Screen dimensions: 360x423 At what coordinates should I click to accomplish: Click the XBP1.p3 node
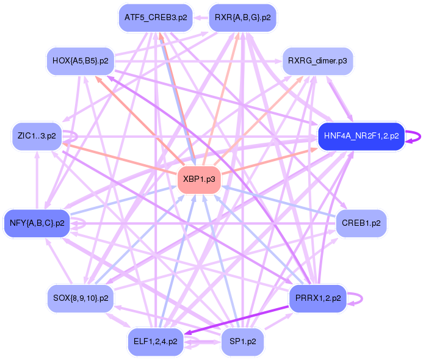tap(198, 179)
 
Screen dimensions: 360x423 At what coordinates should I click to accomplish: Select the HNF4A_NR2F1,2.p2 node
tap(361, 136)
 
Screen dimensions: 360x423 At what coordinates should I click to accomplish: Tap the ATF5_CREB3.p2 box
tap(155, 18)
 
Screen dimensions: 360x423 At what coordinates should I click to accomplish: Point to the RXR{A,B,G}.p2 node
tap(242, 18)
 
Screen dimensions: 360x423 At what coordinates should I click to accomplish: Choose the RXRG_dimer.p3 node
tap(317, 61)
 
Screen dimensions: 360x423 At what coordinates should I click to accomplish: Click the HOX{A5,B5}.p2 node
tap(81, 61)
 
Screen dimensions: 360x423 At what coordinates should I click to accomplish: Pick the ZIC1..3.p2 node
tap(37, 136)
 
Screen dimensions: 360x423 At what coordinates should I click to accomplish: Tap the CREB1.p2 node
tap(361, 223)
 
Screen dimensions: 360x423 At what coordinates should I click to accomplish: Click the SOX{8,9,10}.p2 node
tap(81, 298)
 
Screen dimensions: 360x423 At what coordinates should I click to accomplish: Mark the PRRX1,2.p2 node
tap(317, 298)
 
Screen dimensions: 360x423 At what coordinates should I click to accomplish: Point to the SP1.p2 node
tap(242, 341)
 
